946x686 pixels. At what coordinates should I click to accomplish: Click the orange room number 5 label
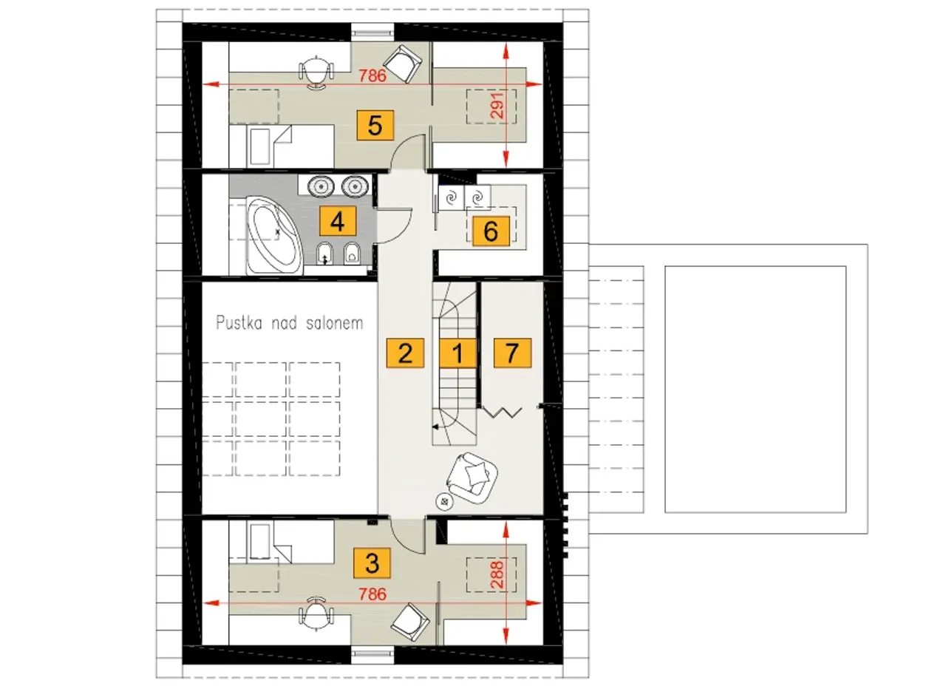(x=375, y=125)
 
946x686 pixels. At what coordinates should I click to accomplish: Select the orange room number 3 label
(x=372, y=563)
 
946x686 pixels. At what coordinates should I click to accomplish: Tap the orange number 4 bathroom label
(x=338, y=221)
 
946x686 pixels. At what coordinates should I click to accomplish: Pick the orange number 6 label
(x=491, y=231)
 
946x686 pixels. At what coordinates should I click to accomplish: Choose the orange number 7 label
(x=512, y=353)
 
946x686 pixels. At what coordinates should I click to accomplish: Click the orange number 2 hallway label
(x=405, y=353)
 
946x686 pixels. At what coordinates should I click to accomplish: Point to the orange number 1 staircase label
(x=457, y=353)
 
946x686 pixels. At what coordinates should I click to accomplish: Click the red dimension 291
(x=497, y=106)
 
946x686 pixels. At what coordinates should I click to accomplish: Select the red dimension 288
(x=497, y=575)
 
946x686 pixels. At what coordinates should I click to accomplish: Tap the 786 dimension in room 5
(x=372, y=75)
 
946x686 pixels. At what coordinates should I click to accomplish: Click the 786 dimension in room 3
(x=372, y=594)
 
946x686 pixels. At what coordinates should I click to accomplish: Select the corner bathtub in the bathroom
(x=274, y=235)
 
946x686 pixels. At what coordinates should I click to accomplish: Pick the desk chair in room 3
(x=316, y=614)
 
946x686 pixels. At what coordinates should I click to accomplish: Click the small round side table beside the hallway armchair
(x=444, y=501)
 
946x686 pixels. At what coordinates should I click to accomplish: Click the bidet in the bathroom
(x=324, y=254)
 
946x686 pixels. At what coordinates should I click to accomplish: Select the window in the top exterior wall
(x=372, y=32)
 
